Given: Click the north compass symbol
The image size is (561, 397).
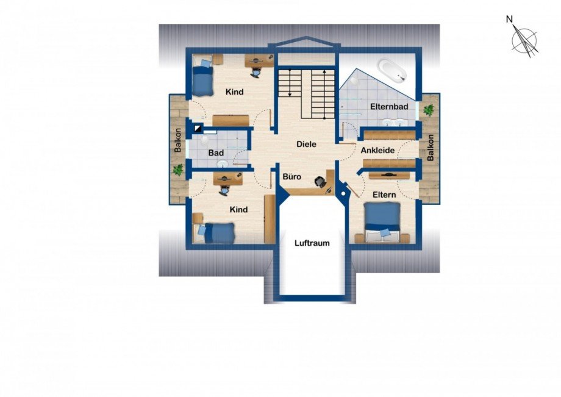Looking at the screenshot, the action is (x=524, y=40).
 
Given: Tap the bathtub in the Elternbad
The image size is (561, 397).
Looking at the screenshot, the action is (x=392, y=70).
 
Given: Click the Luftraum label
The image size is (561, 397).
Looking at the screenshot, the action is (x=312, y=243).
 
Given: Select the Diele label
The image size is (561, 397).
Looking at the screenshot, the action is (x=306, y=144).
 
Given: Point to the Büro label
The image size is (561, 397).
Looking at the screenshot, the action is (x=292, y=177).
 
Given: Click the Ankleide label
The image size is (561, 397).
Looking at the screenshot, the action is (x=377, y=150).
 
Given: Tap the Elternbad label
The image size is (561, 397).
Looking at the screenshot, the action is (x=389, y=107).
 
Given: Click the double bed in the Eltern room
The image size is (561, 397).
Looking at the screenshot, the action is (x=382, y=223).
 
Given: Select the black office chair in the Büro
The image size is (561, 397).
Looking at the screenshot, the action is (x=321, y=182).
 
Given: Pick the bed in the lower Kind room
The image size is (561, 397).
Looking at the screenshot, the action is (x=214, y=233).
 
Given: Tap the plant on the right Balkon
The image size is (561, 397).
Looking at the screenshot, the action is (x=428, y=110).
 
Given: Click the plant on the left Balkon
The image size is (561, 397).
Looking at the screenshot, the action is (x=178, y=170).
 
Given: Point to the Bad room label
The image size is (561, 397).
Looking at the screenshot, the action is (x=216, y=153).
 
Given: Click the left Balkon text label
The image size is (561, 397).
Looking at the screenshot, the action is (x=178, y=140).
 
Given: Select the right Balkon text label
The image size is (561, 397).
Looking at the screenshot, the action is (x=431, y=148).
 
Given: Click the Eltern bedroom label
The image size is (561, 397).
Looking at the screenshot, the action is (x=384, y=195).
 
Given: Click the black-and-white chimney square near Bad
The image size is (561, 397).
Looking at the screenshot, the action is (x=198, y=129).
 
